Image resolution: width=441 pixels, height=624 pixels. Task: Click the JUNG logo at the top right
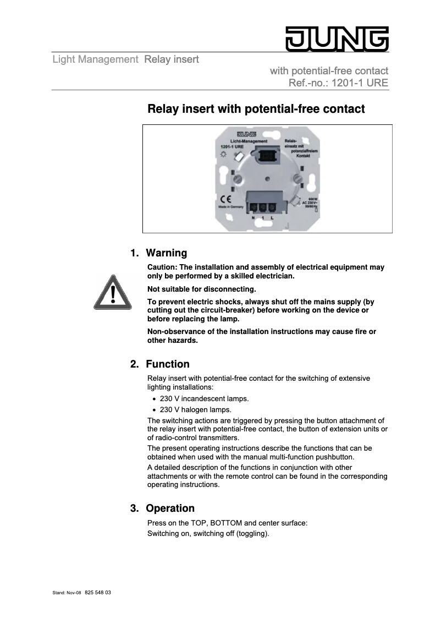click(337, 39)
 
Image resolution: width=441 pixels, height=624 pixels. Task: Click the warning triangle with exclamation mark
click(113, 292)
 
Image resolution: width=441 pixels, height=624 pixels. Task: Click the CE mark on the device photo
click(225, 199)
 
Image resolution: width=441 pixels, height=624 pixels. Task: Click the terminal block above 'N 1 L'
click(262, 206)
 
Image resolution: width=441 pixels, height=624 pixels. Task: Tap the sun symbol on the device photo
click(224, 155)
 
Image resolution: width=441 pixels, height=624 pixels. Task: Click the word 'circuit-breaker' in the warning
click(225, 310)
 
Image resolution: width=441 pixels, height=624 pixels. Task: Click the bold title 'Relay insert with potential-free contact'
click(256, 109)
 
